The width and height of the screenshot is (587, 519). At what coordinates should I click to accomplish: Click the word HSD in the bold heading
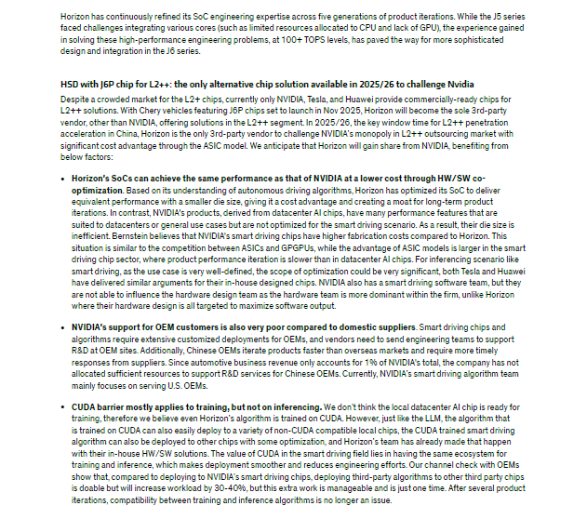[69, 84]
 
